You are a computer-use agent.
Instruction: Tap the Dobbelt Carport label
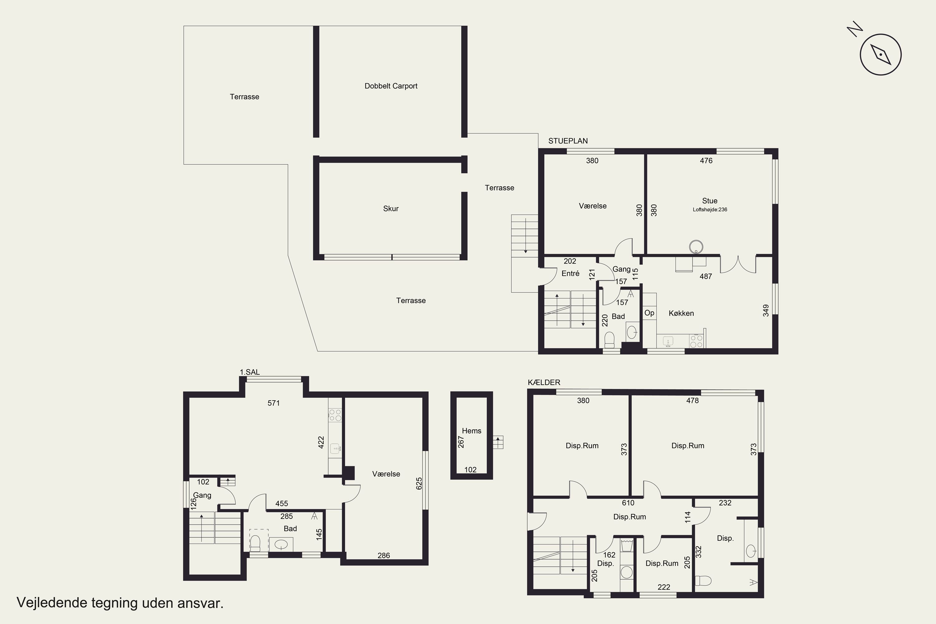(x=391, y=86)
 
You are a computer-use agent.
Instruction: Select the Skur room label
(x=391, y=208)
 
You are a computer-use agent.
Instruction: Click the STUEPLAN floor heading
(x=568, y=141)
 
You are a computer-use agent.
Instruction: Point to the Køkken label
(x=681, y=313)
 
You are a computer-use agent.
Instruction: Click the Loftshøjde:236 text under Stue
(x=710, y=210)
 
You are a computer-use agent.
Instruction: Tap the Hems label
(x=471, y=431)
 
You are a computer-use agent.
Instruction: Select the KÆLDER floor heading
(x=544, y=383)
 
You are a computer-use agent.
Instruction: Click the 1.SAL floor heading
(x=250, y=372)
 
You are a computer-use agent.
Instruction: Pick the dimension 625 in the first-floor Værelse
(x=419, y=484)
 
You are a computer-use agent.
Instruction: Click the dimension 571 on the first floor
(x=274, y=403)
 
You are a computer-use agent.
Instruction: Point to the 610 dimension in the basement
(x=628, y=503)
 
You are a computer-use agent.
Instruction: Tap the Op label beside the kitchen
(x=650, y=313)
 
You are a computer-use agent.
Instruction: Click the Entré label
(x=570, y=273)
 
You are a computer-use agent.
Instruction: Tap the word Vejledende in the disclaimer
(x=51, y=603)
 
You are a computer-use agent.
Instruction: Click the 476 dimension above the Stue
(x=706, y=161)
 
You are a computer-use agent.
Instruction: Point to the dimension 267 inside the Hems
(x=461, y=442)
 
